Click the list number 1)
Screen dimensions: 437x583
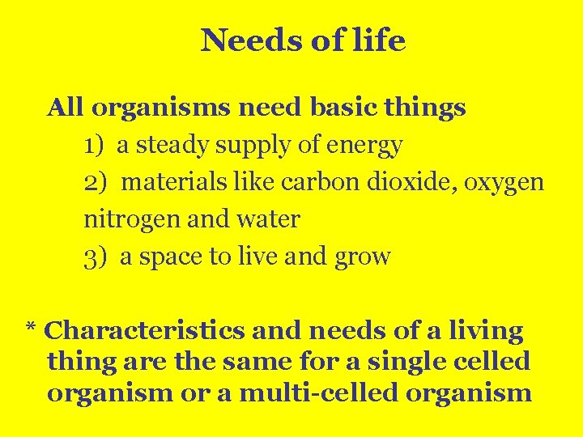click(94, 146)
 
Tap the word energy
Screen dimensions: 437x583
click(364, 146)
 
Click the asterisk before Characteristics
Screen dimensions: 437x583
click(31, 328)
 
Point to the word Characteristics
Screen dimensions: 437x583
click(144, 331)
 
